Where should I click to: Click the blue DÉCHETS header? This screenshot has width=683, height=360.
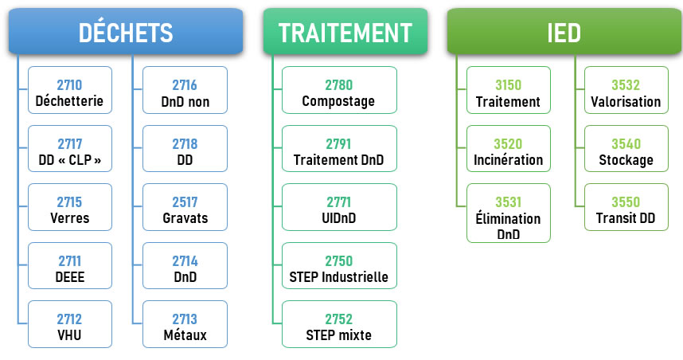(126, 31)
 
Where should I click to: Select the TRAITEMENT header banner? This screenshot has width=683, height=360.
(345, 31)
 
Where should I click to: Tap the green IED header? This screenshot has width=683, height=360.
(564, 31)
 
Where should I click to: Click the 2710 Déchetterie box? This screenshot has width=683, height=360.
(70, 90)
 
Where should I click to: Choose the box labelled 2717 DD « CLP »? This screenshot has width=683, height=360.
(70, 149)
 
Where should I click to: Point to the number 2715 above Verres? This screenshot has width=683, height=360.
(69, 202)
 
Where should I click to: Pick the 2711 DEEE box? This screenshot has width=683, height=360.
(70, 266)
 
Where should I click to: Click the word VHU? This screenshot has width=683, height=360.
(70, 335)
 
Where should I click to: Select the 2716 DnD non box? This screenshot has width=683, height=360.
(185, 90)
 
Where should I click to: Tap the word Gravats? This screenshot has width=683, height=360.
(185, 218)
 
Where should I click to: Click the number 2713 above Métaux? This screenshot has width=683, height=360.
(185, 319)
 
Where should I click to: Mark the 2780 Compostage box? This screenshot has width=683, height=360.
(339, 90)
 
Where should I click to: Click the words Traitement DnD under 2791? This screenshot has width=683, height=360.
(339, 160)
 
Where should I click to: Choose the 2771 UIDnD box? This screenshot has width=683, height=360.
(339, 207)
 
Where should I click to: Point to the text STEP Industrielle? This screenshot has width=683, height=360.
(339, 276)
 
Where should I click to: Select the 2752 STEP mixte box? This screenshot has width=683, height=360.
(339, 324)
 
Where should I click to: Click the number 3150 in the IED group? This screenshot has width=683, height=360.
(509, 85)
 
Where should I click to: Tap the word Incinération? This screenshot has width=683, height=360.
(509, 160)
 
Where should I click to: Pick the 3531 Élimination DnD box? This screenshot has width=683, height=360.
(509, 213)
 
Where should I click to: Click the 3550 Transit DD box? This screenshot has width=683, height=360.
(626, 207)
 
